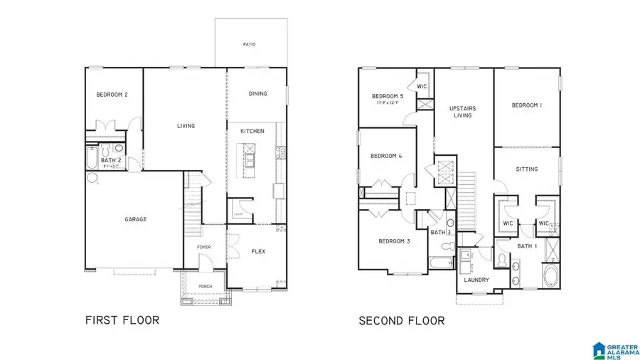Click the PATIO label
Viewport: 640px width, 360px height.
[x=249, y=44]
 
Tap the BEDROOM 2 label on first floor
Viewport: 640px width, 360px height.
[x=112, y=95]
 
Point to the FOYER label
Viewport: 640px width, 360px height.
[x=203, y=247]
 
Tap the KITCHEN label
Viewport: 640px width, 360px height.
[x=252, y=132]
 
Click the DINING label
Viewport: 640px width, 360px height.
[x=257, y=94]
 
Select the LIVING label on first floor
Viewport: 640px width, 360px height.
[x=186, y=126]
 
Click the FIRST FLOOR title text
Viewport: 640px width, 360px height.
[x=122, y=320]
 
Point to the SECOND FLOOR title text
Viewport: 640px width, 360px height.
[x=402, y=321]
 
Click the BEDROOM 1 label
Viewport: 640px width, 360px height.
[x=527, y=105]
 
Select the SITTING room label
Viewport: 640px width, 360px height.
[x=527, y=169]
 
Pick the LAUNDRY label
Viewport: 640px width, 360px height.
[x=476, y=280]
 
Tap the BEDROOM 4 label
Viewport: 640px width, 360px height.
[x=385, y=156]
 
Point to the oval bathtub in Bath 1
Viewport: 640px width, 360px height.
[x=551, y=277]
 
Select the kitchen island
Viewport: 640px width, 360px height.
[x=250, y=157]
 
